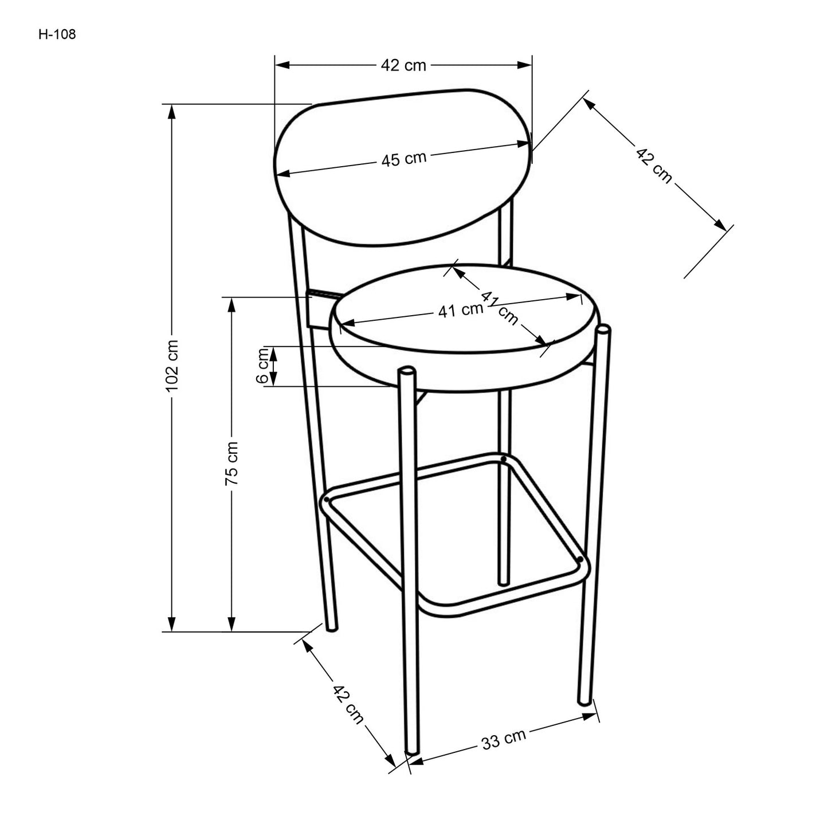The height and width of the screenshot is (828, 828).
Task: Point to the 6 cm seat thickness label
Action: pos(263,366)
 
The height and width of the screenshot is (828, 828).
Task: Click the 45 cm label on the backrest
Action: pos(404,159)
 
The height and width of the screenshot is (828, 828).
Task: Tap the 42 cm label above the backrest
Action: pos(404,65)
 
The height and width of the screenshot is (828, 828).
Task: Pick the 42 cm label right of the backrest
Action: pos(653,165)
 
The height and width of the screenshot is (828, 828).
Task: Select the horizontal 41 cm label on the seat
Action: pos(461,311)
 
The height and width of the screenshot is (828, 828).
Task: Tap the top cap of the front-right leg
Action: pos(603,329)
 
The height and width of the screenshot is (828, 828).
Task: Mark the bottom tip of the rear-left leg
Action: pos(331,628)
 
